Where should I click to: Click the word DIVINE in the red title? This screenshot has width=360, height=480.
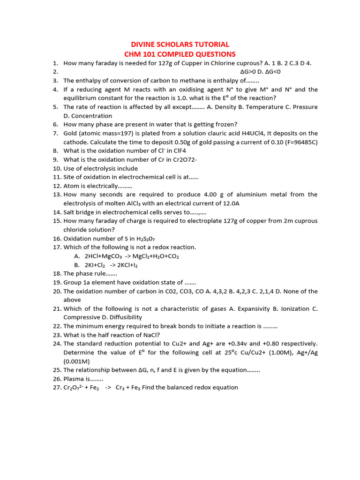point(143,45)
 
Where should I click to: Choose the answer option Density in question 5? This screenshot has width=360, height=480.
point(226,107)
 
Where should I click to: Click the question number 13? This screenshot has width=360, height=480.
point(57,195)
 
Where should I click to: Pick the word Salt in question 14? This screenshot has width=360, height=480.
point(70,212)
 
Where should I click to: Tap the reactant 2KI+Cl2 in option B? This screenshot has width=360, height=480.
point(96,265)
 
